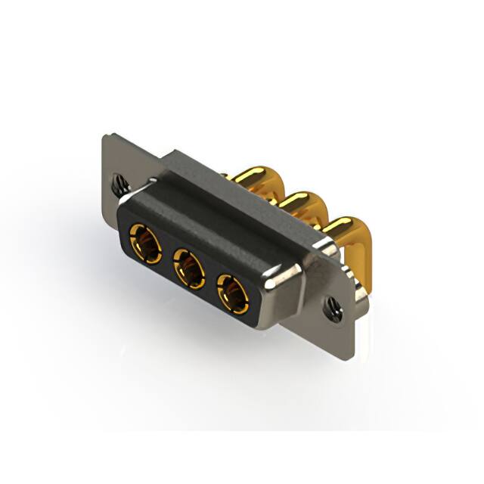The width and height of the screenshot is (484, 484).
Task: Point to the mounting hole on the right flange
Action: click(x=330, y=306)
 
